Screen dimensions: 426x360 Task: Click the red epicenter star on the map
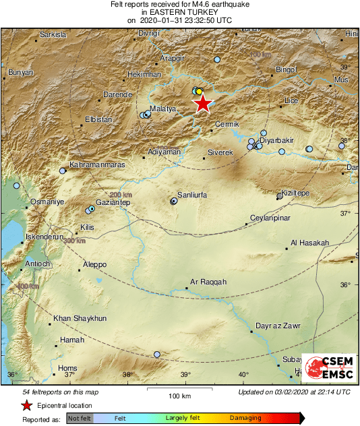click(202, 103)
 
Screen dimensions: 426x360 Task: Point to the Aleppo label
click(94, 264)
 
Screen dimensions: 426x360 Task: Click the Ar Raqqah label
click(208, 282)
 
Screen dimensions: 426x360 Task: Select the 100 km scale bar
click(179, 389)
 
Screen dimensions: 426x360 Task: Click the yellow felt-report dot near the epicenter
click(199, 91)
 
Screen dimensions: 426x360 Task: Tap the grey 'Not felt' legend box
click(79, 419)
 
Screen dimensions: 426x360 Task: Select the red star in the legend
click(26, 405)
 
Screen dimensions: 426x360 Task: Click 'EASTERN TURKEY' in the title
click(180, 12)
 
